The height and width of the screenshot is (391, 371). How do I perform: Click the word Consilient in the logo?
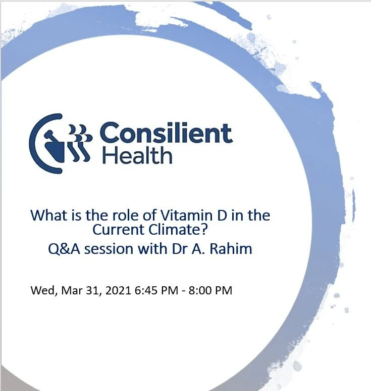tap(166, 134)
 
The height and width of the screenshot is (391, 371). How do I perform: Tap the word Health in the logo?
tap(137, 155)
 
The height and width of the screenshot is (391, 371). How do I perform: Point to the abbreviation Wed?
tap(40, 291)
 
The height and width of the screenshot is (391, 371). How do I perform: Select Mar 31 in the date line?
tap(71, 291)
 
